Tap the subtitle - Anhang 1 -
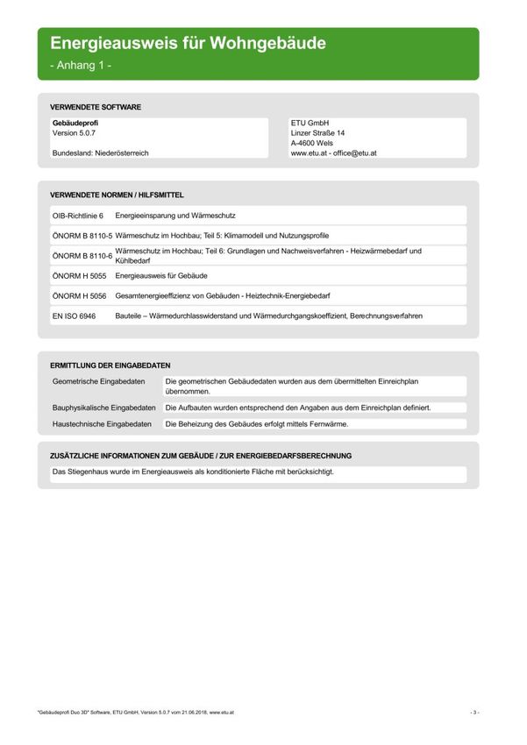click(x=81, y=66)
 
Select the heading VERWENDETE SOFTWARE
click(x=96, y=107)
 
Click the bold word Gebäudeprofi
click(x=77, y=123)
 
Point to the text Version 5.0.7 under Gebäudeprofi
click(x=75, y=133)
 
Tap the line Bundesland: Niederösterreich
click(x=100, y=153)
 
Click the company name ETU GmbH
click(x=310, y=123)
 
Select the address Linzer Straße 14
click(x=318, y=133)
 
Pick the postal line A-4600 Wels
click(x=312, y=143)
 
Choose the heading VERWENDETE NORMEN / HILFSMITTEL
click(x=117, y=195)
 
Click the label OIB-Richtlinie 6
click(x=78, y=215)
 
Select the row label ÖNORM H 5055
click(x=79, y=275)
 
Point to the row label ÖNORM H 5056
click(x=79, y=295)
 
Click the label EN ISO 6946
click(x=75, y=316)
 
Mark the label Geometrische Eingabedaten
click(x=99, y=382)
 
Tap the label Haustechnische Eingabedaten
click(x=103, y=424)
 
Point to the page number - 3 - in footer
click(x=474, y=713)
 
